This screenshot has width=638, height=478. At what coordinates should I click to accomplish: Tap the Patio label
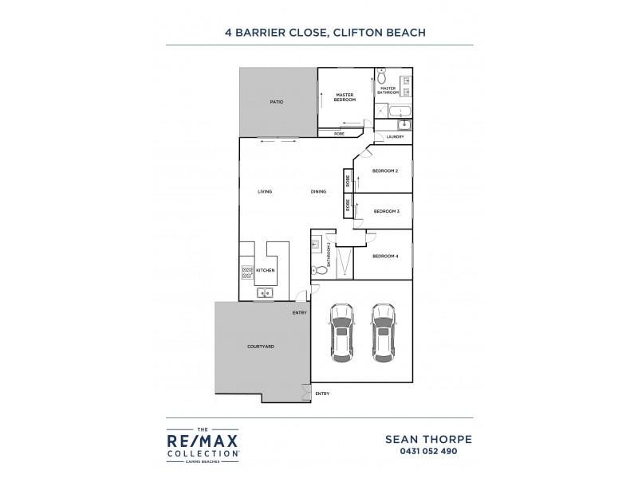277,103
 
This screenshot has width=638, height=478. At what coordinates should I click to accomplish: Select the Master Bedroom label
345,96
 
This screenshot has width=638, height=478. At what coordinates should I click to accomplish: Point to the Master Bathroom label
388,90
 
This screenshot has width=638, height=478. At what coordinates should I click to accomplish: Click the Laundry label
395,137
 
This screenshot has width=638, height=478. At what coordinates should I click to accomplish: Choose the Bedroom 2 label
385,170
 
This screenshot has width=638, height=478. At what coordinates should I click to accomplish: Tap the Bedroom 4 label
386,256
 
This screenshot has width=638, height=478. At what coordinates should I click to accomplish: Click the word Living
266,191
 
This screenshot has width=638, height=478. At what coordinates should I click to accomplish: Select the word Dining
318,191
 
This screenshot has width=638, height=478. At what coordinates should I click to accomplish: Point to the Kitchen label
266,271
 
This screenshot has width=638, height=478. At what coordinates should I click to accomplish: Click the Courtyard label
261,347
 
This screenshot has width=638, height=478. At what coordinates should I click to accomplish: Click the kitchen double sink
264,293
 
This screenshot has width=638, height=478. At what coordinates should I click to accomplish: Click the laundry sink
404,124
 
